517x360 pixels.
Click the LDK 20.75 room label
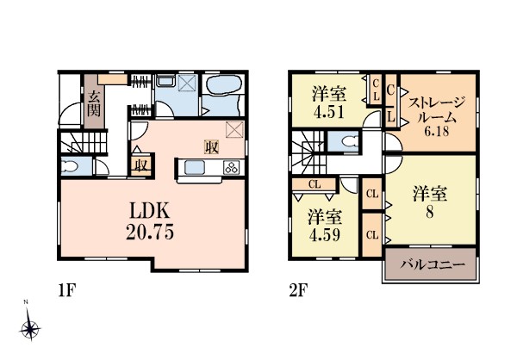(x=150, y=220)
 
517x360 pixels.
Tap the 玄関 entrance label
(x=94, y=103)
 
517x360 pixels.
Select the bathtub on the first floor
(x=223, y=86)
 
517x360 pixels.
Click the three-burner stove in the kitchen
(x=232, y=167)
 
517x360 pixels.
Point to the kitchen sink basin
(x=195, y=167)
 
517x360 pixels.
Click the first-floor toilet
(x=69, y=166)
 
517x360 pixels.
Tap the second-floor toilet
(x=350, y=141)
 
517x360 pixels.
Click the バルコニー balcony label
(x=433, y=264)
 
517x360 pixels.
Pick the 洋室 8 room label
(x=430, y=202)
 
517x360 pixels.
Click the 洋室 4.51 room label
(x=329, y=102)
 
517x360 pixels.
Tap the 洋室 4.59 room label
(x=325, y=226)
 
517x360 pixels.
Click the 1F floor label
(x=67, y=291)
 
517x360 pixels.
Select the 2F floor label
(x=298, y=291)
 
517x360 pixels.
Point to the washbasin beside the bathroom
(x=165, y=81)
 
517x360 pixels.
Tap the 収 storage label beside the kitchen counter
(x=211, y=147)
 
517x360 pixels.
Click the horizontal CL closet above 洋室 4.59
(x=314, y=184)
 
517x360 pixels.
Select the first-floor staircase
(x=84, y=142)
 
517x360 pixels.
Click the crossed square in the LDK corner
(x=234, y=129)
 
